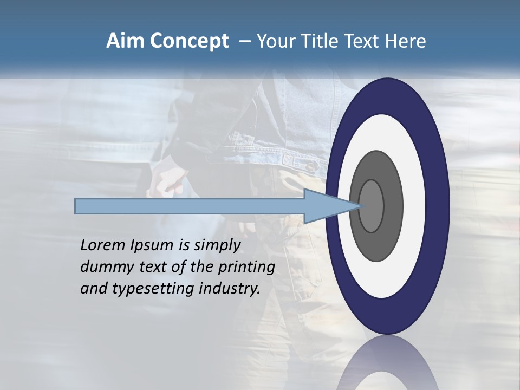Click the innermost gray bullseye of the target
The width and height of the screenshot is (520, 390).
[x=371, y=206]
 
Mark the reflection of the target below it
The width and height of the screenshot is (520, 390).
[x=387, y=366]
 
